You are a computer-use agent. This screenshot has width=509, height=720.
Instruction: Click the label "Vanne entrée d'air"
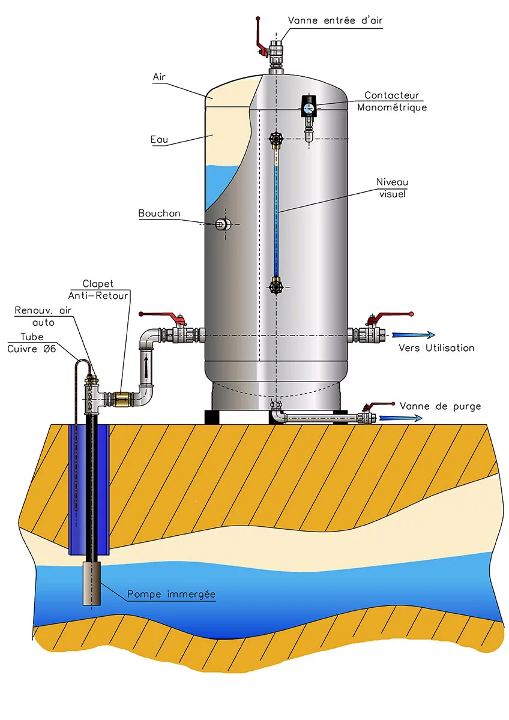pyautogui.click(x=335, y=20)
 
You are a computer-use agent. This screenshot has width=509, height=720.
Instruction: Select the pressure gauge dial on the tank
pyautogui.click(x=309, y=107)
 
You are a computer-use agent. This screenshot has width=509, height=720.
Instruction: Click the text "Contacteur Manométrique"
pyautogui.click(x=392, y=101)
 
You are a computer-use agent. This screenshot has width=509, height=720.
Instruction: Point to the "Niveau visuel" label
pyautogui.click(x=392, y=187)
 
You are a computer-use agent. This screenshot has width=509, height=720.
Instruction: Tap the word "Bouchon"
pyautogui.click(x=159, y=213)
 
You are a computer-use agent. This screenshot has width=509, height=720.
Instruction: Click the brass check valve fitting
pyautogui.click(x=122, y=397)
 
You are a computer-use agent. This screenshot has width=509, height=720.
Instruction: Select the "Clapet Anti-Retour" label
pyautogui.click(x=107, y=289)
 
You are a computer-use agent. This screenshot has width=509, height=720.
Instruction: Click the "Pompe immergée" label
pyautogui.click(x=171, y=595)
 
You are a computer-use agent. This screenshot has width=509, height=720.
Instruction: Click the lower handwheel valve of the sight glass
pyautogui.click(x=276, y=286)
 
